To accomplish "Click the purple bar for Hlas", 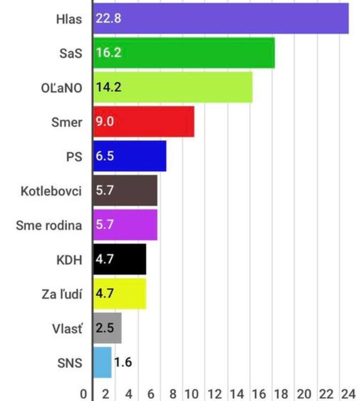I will (x=221, y=18).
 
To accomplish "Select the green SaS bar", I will (x=184, y=53).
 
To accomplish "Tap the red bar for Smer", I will (x=143, y=121).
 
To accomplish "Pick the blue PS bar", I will (x=129, y=156).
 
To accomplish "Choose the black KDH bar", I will (x=119, y=259).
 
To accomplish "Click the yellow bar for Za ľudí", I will (x=119, y=293).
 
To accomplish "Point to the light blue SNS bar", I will (x=102, y=362).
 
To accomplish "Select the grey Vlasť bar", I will (x=107, y=328).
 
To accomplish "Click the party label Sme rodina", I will (x=49, y=225).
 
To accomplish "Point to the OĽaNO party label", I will (x=62, y=88).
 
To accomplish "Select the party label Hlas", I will (x=69, y=19).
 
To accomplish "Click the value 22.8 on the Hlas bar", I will (x=109, y=18).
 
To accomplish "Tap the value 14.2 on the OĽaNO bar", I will (x=109, y=87).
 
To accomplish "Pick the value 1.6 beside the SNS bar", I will (x=123, y=362).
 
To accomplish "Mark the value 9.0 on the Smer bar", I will (x=105, y=121).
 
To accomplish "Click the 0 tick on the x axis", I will (x=83, y=394).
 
